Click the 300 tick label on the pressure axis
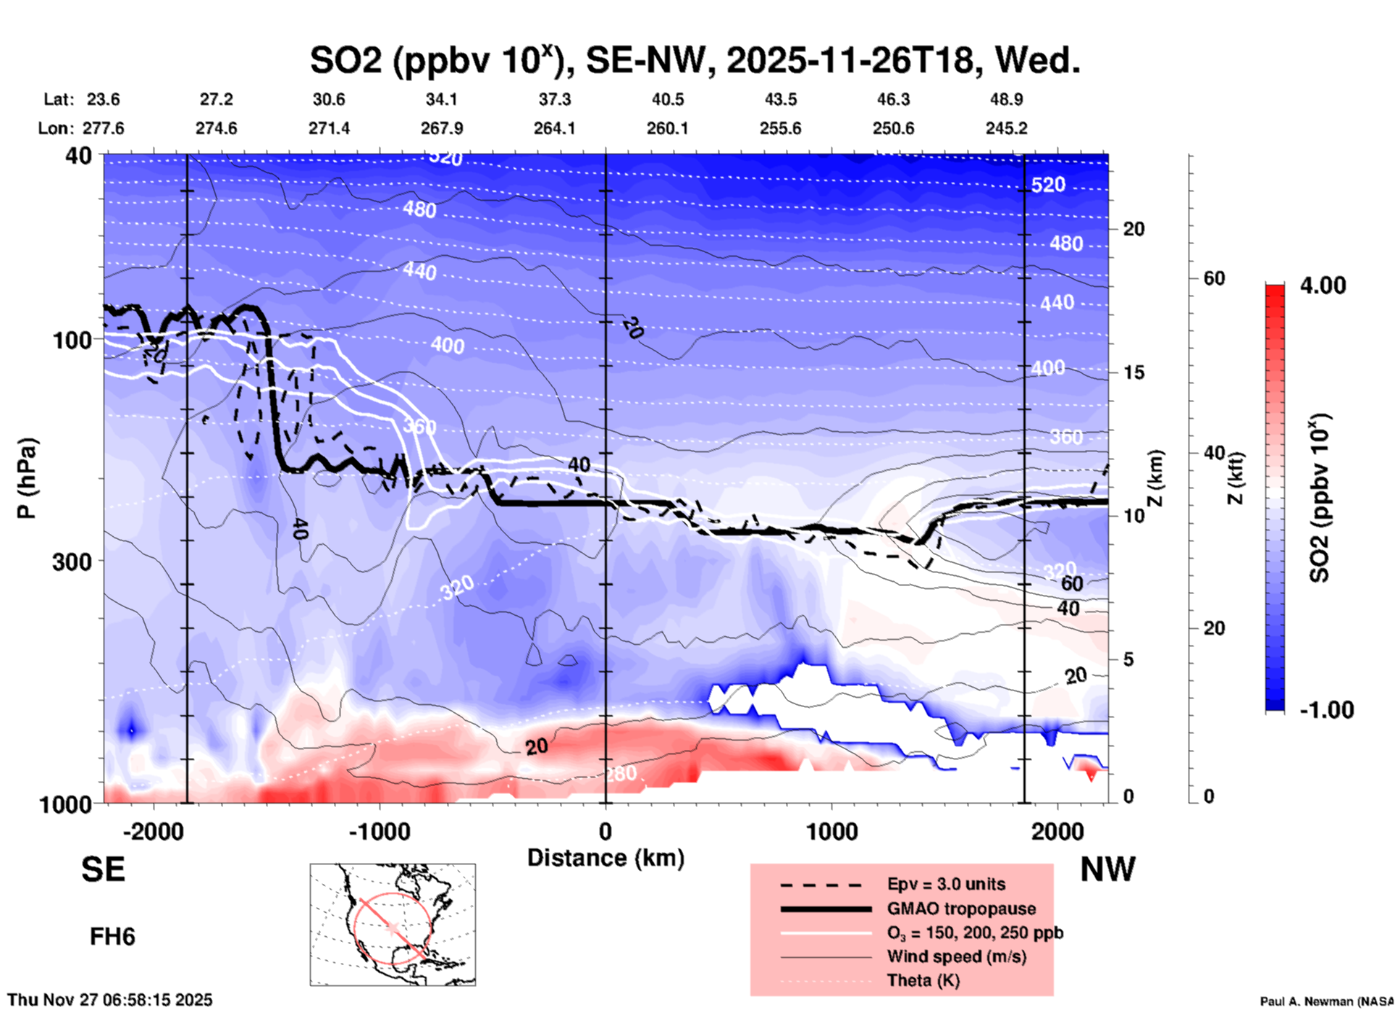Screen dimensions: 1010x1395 coord(72,561)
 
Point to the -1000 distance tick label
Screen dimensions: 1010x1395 coord(379,831)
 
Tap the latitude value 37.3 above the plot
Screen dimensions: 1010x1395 coord(554,99)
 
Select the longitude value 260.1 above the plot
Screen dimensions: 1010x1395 coord(667,128)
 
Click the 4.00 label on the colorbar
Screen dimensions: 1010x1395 coord(1323,285)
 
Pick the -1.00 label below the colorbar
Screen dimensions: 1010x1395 coord(1326,709)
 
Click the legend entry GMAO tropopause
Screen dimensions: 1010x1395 coord(961,909)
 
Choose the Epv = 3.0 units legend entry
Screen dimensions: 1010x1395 coord(946,884)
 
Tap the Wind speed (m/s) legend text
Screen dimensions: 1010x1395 coord(956,956)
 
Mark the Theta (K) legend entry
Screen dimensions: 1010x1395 coord(923,980)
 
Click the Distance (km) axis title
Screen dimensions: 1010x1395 coord(606,858)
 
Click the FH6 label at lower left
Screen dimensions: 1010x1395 coord(112,937)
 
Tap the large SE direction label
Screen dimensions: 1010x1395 coord(103,869)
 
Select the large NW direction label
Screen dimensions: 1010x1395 coord(1107,869)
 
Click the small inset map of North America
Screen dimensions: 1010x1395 coord(393,925)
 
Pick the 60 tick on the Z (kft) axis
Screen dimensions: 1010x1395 coord(1214,278)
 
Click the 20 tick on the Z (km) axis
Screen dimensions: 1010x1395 coord(1134,229)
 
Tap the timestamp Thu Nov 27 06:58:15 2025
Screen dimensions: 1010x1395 coord(110,1000)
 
